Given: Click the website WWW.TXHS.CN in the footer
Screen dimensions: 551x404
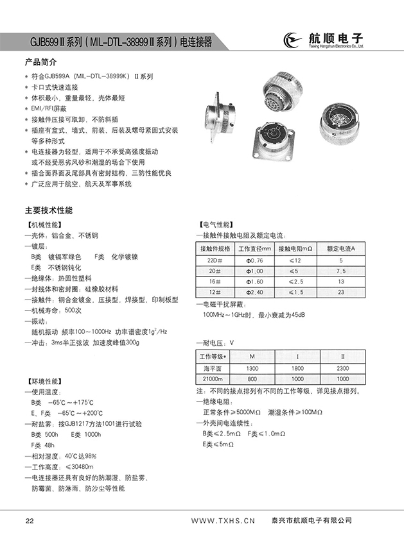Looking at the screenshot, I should pos(224,520).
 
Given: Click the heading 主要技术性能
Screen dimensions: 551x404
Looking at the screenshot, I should pos(49,210).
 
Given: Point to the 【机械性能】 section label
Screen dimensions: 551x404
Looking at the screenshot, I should pos(43,225).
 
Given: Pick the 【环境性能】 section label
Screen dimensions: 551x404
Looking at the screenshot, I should pos(43,379).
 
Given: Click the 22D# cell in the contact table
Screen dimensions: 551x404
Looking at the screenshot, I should pos(215,260).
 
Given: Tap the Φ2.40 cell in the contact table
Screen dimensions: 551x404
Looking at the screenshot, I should pos(255,292).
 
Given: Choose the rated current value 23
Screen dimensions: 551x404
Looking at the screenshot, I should pos(340,292).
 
